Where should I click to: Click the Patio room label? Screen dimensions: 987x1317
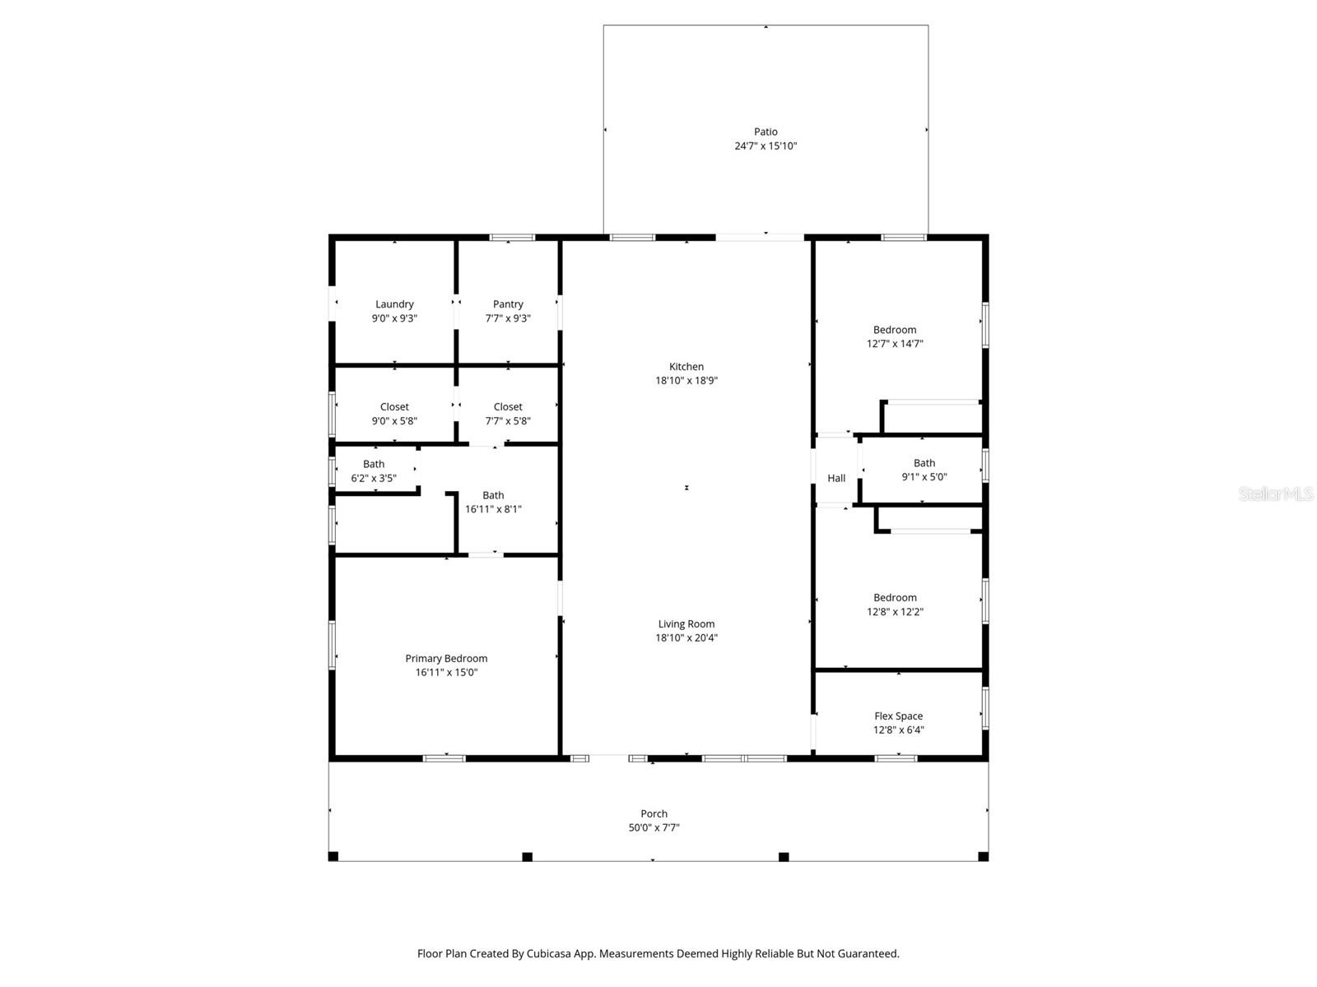point(766,132)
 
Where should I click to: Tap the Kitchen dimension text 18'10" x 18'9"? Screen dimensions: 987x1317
point(686,381)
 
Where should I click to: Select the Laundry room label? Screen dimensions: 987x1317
point(394,304)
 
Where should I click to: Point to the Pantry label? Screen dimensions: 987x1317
point(508,304)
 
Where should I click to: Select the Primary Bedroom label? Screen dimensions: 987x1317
point(446,659)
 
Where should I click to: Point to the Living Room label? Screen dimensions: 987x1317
point(686,624)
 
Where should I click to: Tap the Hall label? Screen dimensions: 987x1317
point(836,478)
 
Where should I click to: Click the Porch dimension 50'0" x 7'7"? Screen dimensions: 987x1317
point(654,828)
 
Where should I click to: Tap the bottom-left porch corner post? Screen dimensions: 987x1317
point(333,856)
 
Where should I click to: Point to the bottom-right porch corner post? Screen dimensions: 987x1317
point(983,856)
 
